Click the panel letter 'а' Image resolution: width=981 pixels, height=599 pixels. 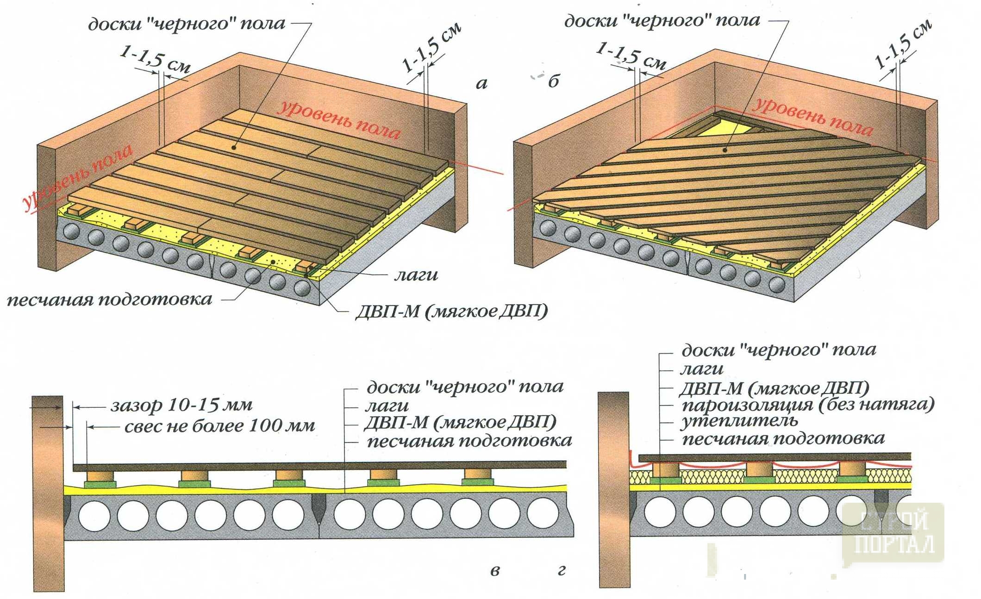tap(481, 84)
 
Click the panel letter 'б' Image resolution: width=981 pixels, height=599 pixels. tap(554, 82)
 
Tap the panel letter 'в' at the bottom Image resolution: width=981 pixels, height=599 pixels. tap(495, 570)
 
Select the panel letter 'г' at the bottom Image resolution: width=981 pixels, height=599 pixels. tap(562, 570)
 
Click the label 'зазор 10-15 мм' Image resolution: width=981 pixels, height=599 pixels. tap(181, 406)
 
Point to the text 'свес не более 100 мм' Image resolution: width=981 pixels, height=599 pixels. tap(219, 426)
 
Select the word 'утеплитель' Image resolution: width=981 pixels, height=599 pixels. tap(739, 421)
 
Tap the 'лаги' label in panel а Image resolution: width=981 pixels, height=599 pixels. tap(416, 275)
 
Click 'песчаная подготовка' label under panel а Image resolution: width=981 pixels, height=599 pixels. tap(110, 299)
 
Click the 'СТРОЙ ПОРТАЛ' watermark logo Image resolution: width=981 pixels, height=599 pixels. tap(893, 532)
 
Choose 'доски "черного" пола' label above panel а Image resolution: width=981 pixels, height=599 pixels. tap(187, 24)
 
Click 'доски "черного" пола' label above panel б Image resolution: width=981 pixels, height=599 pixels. tap(662, 21)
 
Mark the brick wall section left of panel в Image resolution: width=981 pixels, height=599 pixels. tap(48, 493)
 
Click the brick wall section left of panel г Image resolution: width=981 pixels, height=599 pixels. tap(614, 491)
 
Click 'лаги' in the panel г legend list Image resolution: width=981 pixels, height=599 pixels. tap(701, 369)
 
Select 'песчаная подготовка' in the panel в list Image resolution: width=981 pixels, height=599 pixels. tap(469, 441)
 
